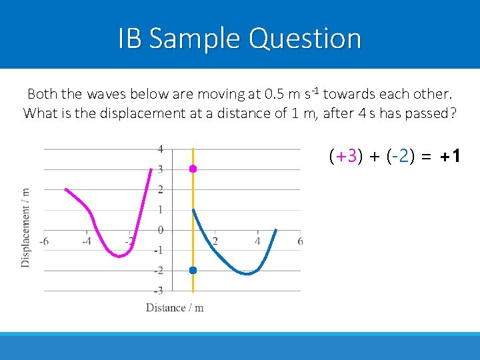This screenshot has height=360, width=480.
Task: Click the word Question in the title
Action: tap(305, 39)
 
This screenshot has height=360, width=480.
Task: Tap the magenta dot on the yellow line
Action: tap(193, 169)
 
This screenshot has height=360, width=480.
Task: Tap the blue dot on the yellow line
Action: tap(193, 270)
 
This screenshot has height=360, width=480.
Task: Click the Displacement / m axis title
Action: tap(26, 227)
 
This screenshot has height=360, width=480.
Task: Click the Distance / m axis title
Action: tap(175, 307)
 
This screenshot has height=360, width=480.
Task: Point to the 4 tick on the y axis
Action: tap(160, 149)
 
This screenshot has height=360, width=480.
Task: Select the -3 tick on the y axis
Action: tap(159, 291)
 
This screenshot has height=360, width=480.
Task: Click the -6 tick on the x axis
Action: tap(43, 241)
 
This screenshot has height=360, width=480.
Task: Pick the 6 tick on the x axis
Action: tap(300, 241)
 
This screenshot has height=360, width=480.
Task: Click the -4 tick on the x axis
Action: tap(87, 241)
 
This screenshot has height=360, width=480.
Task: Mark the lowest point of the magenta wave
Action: tap(119, 256)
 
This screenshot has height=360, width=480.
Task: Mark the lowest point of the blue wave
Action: tap(247, 273)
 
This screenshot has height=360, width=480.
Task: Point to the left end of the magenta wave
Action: tap(65, 189)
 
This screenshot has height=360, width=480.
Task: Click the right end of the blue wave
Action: tap(276, 231)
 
